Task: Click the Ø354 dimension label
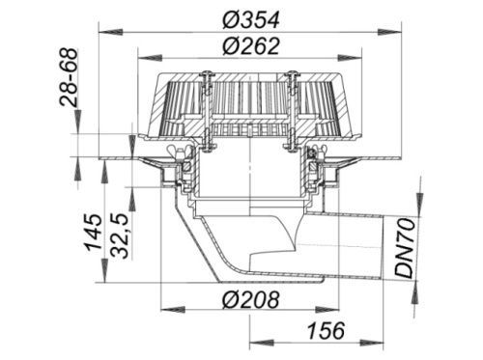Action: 251,19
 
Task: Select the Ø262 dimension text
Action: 251,46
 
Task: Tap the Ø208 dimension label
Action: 250,300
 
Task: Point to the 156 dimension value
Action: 326,330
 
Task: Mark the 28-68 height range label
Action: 69,77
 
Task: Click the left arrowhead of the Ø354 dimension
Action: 110,32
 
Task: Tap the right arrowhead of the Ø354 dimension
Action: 390,32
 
